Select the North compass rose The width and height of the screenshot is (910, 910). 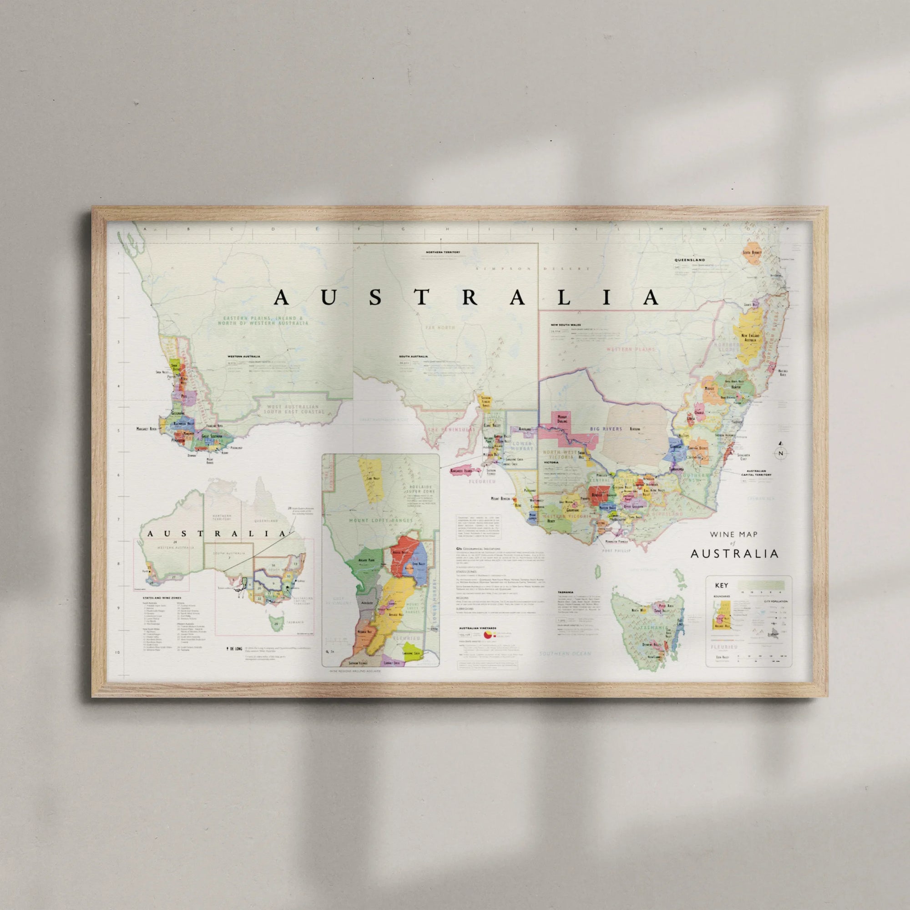[781, 453]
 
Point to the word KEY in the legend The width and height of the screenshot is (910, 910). [722, 586]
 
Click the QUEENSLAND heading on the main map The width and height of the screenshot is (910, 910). [690, 260]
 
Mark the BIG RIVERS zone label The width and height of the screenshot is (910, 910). [606, 429]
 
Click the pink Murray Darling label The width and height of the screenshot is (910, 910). [562, 419]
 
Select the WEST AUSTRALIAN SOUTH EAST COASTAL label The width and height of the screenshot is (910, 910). [294, 409]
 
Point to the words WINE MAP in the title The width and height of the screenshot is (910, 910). [733, 535]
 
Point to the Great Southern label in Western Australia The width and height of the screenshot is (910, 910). [212, 436]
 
